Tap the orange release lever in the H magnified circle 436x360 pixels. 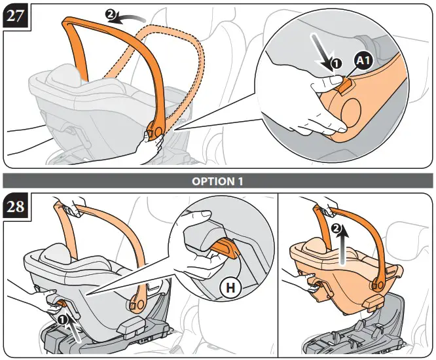pos(226,247)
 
